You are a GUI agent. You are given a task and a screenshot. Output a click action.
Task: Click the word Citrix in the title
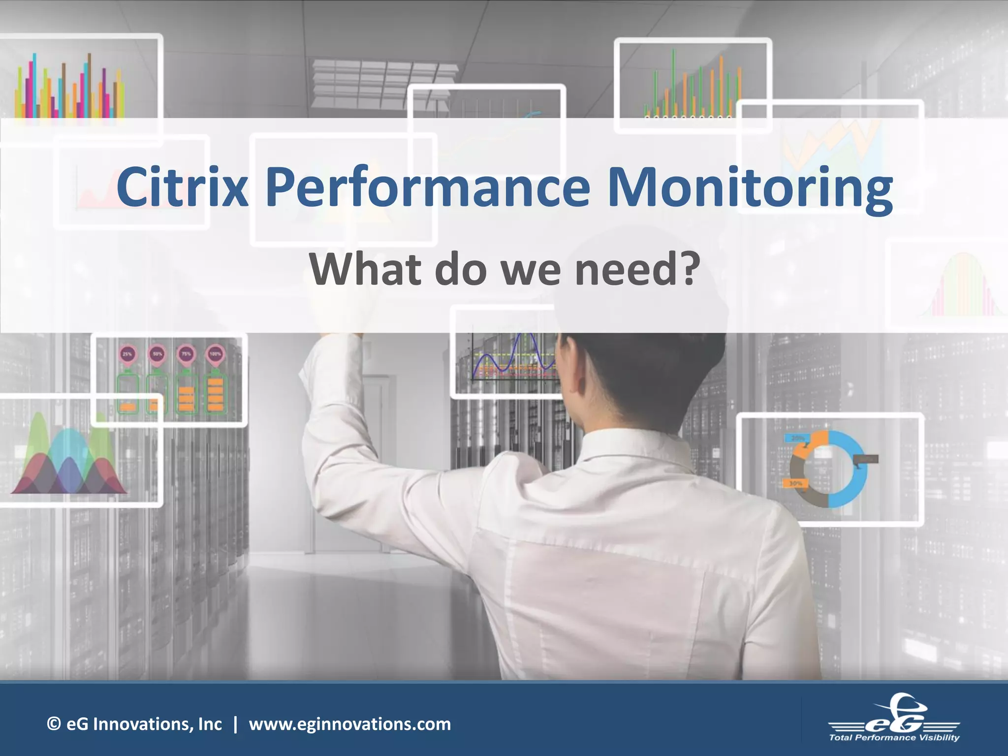182,188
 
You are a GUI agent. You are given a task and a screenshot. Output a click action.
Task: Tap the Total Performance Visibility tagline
894,737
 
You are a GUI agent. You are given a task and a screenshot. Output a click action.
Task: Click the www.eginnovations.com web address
349,724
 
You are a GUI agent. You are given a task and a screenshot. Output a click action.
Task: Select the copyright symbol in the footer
54,724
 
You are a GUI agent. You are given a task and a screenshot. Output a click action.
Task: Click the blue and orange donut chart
828,469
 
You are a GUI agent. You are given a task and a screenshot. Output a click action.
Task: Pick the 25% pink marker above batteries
127,354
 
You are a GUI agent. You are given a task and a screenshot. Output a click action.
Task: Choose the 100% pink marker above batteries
216,354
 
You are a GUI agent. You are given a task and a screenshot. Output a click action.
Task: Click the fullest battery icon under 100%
216,393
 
